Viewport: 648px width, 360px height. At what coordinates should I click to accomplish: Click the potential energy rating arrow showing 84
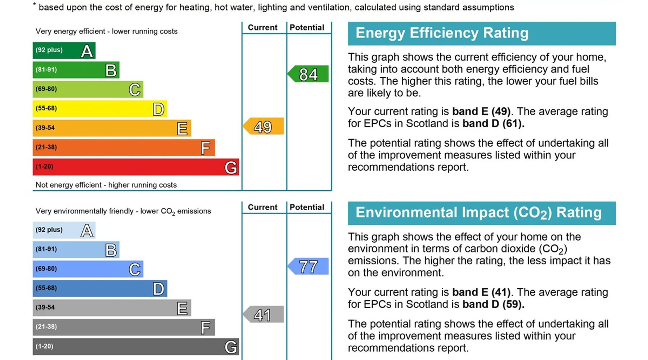(x=308, y=74)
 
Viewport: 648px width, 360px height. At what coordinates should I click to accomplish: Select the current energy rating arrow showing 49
(x=264, y=126)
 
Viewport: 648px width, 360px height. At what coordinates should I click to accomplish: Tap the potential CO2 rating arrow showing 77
(x=308, y=266)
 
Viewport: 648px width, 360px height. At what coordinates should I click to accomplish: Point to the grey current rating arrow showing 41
(x=264, y=315)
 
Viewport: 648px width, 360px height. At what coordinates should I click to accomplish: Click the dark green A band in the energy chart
(x=64, y=50)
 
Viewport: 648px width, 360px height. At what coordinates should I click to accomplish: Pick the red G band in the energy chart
(x=135, y=167)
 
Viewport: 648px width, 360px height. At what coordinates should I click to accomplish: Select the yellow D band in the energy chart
(x=100, y=109)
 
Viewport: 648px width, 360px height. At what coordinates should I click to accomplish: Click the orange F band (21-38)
(x=123, y=148)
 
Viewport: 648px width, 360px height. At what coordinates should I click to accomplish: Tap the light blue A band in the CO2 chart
(x=64, y=230)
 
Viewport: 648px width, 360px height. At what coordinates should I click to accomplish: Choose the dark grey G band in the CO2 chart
(x=135, y=347)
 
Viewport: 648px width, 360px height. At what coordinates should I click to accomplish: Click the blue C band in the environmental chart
(x=88, y=269)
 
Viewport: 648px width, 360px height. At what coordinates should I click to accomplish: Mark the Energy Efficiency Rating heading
(x=442, y=33)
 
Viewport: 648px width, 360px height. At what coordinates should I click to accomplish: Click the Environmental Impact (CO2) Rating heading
(x=478, y=213)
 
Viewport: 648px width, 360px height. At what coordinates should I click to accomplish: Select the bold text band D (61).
(x=493, y=123)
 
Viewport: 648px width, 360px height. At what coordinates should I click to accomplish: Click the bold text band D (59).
(x=493, y=304)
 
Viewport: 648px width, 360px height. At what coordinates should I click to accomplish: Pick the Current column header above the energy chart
(x=262, y=27)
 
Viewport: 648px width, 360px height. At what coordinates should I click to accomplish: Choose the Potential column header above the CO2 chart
(x=307, y=207)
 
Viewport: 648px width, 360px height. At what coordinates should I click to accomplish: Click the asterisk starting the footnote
(x=35, y=5)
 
